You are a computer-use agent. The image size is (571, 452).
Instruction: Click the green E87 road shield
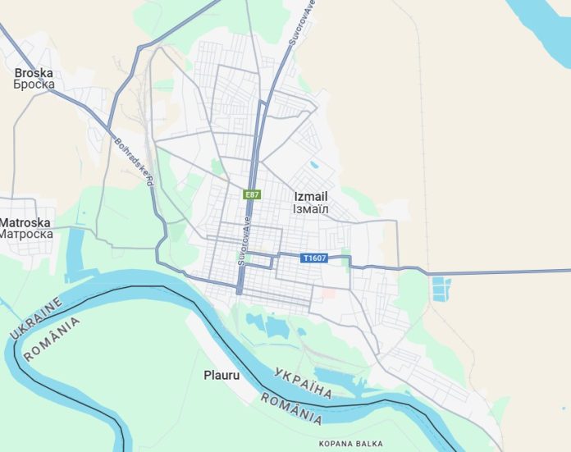point(252,194)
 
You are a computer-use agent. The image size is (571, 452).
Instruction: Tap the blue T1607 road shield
point(314,258)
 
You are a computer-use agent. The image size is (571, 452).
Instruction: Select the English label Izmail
point(311,197)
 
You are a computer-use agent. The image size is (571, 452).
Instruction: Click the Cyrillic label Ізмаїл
point(311,209)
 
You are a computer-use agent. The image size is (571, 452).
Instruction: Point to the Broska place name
point(34,73)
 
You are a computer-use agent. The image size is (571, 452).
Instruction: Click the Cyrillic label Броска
point(34,84)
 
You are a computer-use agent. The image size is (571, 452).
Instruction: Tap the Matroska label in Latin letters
point(25,222)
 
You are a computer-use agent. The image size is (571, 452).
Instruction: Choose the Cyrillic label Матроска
point(25,234)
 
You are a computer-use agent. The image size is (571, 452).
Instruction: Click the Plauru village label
point(222,376)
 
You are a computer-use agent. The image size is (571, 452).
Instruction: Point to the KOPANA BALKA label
point(350,444)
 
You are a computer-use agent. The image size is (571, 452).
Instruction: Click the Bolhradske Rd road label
point(135,161)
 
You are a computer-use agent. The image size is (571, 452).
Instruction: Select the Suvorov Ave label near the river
point(243,244)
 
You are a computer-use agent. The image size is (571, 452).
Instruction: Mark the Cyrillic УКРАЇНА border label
point(303,381)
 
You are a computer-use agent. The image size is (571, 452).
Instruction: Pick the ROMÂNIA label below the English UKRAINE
point(53,339)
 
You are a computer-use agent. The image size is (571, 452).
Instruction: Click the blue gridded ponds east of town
point(441,289)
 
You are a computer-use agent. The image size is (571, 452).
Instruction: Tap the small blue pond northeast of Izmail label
point(315,164)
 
